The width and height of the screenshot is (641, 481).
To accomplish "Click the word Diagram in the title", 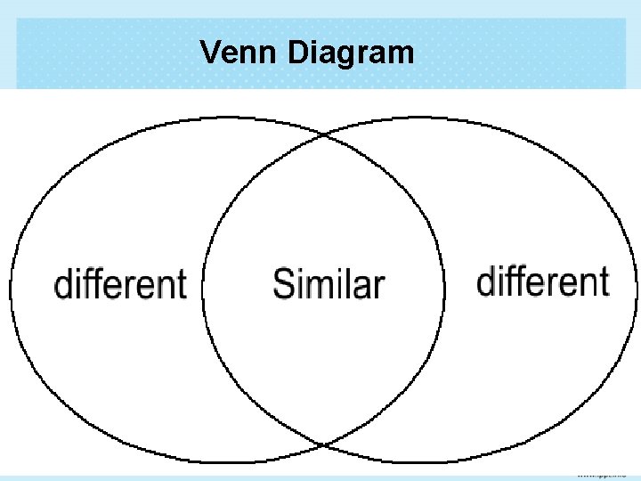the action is pos(352,53).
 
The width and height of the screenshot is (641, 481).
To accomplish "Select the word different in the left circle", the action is pos(120,284).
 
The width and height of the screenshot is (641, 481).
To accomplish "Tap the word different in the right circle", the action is pos(543,281).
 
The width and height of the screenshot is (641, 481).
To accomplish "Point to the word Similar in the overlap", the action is pos(329,284).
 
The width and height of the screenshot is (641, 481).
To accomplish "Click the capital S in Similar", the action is pos(283,284).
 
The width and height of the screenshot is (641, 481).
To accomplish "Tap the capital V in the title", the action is pos(210,53).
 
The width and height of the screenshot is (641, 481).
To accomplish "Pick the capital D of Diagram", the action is pos(298,53).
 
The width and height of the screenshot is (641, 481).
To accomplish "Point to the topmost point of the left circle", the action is pos(227,117).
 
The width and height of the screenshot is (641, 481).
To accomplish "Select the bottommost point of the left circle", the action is pos(227,461).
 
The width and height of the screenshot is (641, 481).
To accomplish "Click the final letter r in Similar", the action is pos(379,287).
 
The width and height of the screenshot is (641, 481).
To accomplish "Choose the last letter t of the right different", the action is pos(604,281).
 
